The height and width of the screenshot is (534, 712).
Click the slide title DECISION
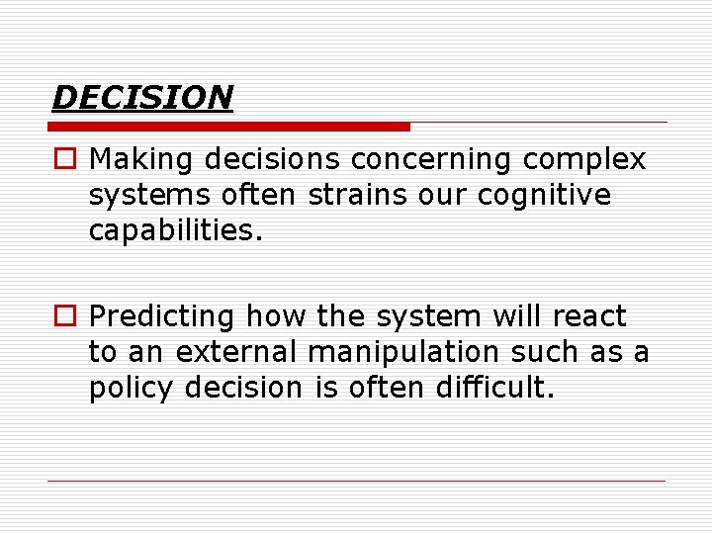click(x=142, y=97)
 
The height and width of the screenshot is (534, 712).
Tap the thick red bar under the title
click(x=229, y=127)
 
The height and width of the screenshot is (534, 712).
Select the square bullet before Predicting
click(x=63, y=317)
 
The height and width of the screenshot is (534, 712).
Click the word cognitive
click(x=544, y=195)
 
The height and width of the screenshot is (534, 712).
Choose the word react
click(x=589, y=316)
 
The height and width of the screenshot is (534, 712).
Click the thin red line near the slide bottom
click(x=356, y=481)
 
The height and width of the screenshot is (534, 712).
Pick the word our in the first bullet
click(x=438, y=195)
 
